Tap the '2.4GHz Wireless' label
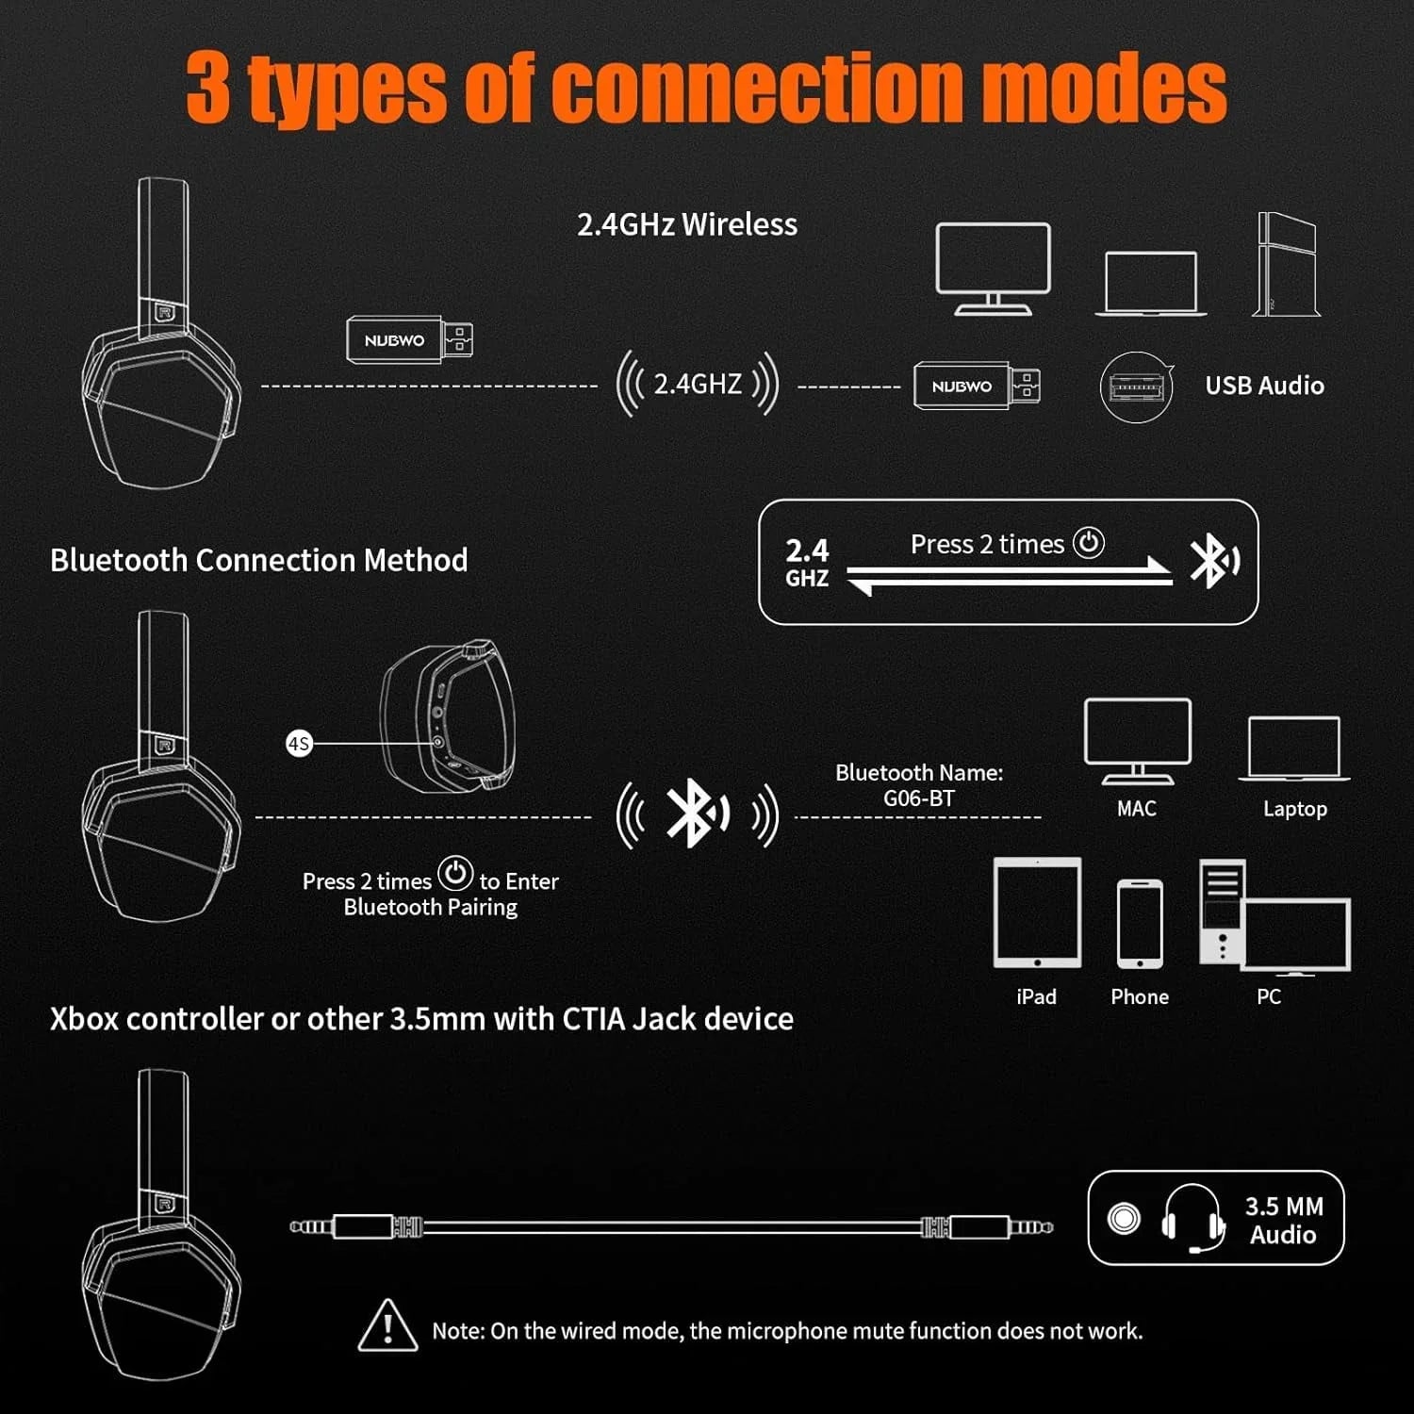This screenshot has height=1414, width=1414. pos(687,224)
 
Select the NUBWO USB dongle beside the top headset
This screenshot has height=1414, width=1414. pos(409,339)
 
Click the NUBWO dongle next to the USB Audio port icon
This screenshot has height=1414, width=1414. pos(977,386)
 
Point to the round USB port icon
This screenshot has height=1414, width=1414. pos(1137,386)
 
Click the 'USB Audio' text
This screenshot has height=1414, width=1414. pos(1264,386)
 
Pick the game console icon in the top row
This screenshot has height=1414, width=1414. pos(1286,264)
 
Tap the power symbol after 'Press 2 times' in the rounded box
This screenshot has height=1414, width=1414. pos(1089,543)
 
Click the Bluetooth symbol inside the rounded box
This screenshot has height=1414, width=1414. pos(1214,561)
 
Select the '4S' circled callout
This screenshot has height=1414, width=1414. pos(299,744)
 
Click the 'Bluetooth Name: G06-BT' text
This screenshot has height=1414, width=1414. pos(919,785)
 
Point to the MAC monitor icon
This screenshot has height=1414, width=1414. pos(1138,741)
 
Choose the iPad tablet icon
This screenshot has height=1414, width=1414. pos(1037,913)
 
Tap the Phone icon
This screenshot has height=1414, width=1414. pos(1140,924)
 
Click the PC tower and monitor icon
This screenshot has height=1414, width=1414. pos(1274,916)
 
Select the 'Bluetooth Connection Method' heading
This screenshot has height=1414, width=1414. pos(259,560)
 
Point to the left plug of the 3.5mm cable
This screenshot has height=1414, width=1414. pos(341,1226)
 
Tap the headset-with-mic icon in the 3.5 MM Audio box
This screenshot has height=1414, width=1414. pos(1193,1219)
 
